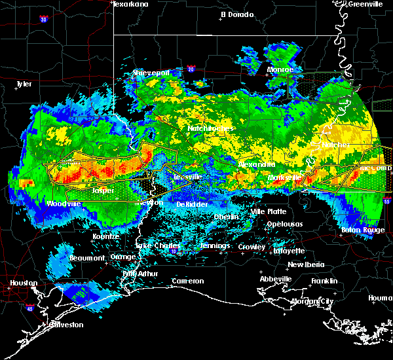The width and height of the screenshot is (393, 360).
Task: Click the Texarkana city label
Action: (130, 4)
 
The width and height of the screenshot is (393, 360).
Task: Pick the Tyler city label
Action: (24, 84)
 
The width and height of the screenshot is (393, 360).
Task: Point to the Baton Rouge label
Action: (363, 230)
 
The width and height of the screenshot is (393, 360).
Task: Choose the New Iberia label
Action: (305, 264)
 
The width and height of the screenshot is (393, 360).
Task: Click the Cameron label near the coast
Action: (188, 281)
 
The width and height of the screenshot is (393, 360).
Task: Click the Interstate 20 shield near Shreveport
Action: (191, 67)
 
